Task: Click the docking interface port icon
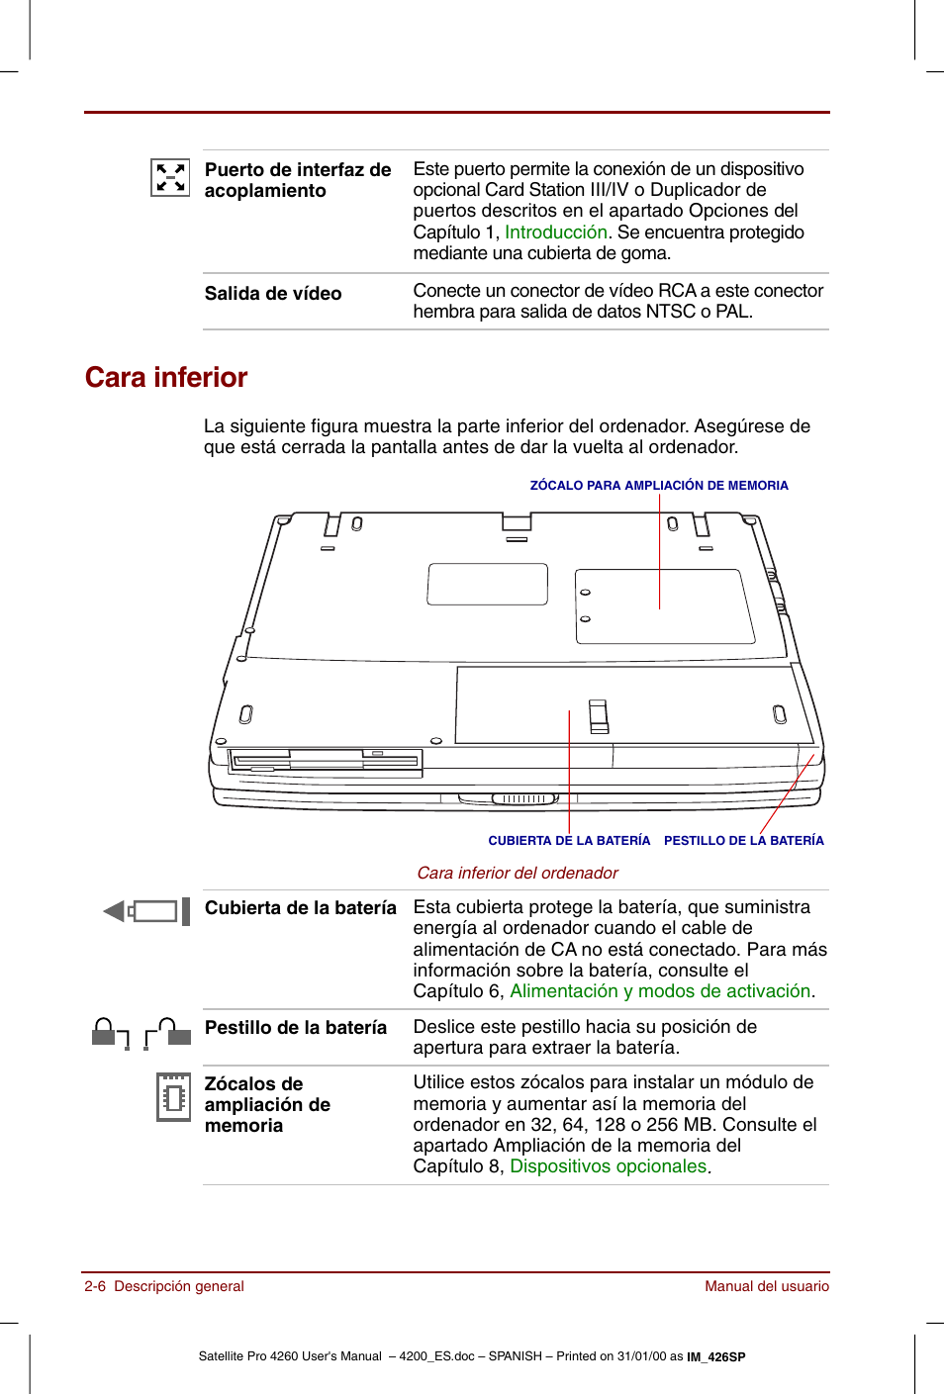click(x=170, y=178)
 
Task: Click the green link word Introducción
click(x=555, y=232)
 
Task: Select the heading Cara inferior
click(x=166, y=378)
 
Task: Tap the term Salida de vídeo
click(x=273, y=294)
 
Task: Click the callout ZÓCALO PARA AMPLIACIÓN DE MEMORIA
click(x=659, y=486)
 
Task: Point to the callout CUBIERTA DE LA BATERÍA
click(x=569, y=841)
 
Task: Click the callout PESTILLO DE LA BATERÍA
click(x=743, y=841)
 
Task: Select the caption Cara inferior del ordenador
click(x=518, y=873)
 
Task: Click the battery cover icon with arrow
click(x=147, y=911)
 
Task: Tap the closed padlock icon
click(x=105, y=1033)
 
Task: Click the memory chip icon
click(x=174, y=1097)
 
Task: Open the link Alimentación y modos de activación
click(x=660, y=991)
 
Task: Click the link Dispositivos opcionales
click(x=608, y=1166)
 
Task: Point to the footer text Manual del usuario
click(x=767, y=1286)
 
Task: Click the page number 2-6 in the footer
click(x=95, y=1286)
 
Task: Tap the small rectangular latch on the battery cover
click(x=599, y=716)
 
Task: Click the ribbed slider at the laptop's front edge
click(x=524, y=798)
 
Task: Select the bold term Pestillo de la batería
click(x=296, y=1028)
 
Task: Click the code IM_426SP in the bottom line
click(x=716, y=1357)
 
